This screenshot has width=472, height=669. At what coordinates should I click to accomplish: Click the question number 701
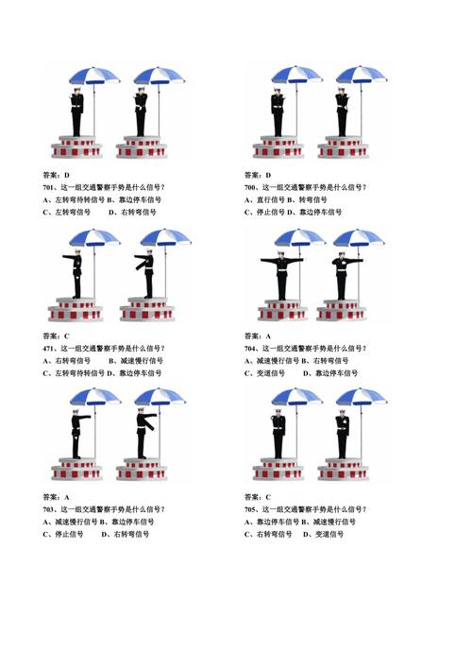pos(51,187)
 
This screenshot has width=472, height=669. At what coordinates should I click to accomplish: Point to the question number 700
pos(252,187)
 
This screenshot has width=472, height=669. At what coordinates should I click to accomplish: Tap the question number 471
pos(51,348)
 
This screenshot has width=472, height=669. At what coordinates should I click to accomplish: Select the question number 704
pos(252,348)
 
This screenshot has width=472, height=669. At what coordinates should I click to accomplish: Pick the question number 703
pos(51,509)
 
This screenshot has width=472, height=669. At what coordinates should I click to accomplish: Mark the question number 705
pos(252,509)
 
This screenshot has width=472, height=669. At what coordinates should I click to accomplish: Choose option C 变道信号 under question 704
pos(268,373)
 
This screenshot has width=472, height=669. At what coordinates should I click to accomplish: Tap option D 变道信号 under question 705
pos(324,535)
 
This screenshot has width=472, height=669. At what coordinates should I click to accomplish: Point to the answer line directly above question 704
pos(257,336)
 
